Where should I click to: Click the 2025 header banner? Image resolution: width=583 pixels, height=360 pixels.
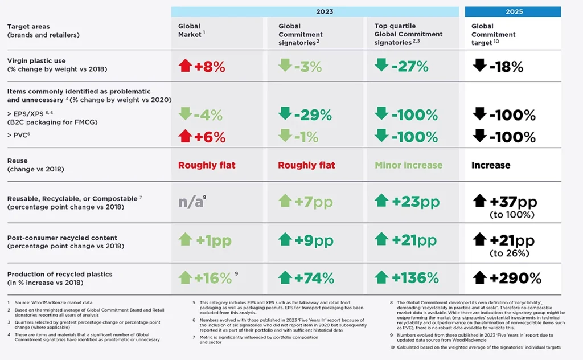coord(513,11)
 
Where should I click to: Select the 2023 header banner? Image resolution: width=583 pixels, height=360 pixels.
coord(315,11)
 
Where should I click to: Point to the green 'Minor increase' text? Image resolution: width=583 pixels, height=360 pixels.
coord(408,165)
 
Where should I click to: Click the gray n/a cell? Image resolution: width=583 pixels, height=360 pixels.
coord(192,202)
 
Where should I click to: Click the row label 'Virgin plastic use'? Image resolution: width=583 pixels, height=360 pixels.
coord(36,60)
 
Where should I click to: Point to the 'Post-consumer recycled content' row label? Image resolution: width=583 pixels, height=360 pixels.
coord(62,238)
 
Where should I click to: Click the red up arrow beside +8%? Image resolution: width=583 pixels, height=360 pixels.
coord(185,66)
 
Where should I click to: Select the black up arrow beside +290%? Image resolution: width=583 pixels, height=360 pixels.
coord(479,277)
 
